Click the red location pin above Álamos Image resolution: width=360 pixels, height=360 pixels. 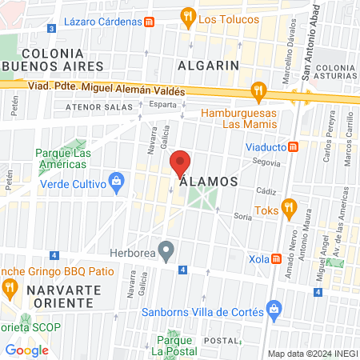(181, 163)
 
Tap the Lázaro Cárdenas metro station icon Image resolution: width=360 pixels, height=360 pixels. (149, 22)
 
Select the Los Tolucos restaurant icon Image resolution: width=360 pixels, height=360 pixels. (187, 16)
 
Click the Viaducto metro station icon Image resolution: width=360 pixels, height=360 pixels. (294, 147)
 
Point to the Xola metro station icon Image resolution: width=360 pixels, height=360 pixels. (276, 258)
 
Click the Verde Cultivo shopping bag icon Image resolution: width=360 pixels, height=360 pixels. (118, 182)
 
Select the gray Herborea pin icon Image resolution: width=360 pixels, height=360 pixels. (166, 252)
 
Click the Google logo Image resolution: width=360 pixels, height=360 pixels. (27, 350)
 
